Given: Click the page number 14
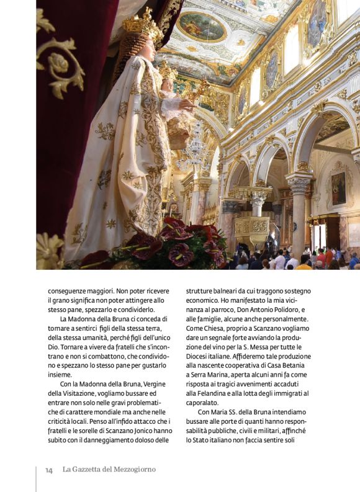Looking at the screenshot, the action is coord(48,470).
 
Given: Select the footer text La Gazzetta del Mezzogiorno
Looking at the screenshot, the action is coord(109,470).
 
